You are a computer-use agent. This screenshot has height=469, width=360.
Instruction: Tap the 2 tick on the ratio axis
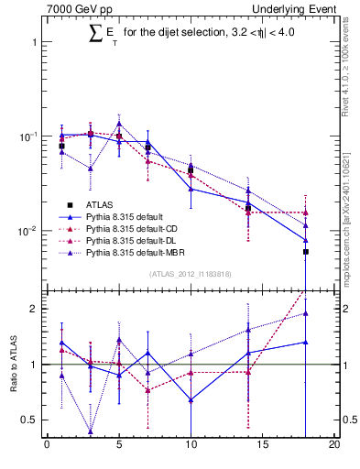(x=34, y=309)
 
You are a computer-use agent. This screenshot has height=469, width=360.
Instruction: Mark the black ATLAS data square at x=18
(x=306, y=251)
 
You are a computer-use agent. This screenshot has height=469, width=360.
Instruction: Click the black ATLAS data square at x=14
(x=248, y=208)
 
